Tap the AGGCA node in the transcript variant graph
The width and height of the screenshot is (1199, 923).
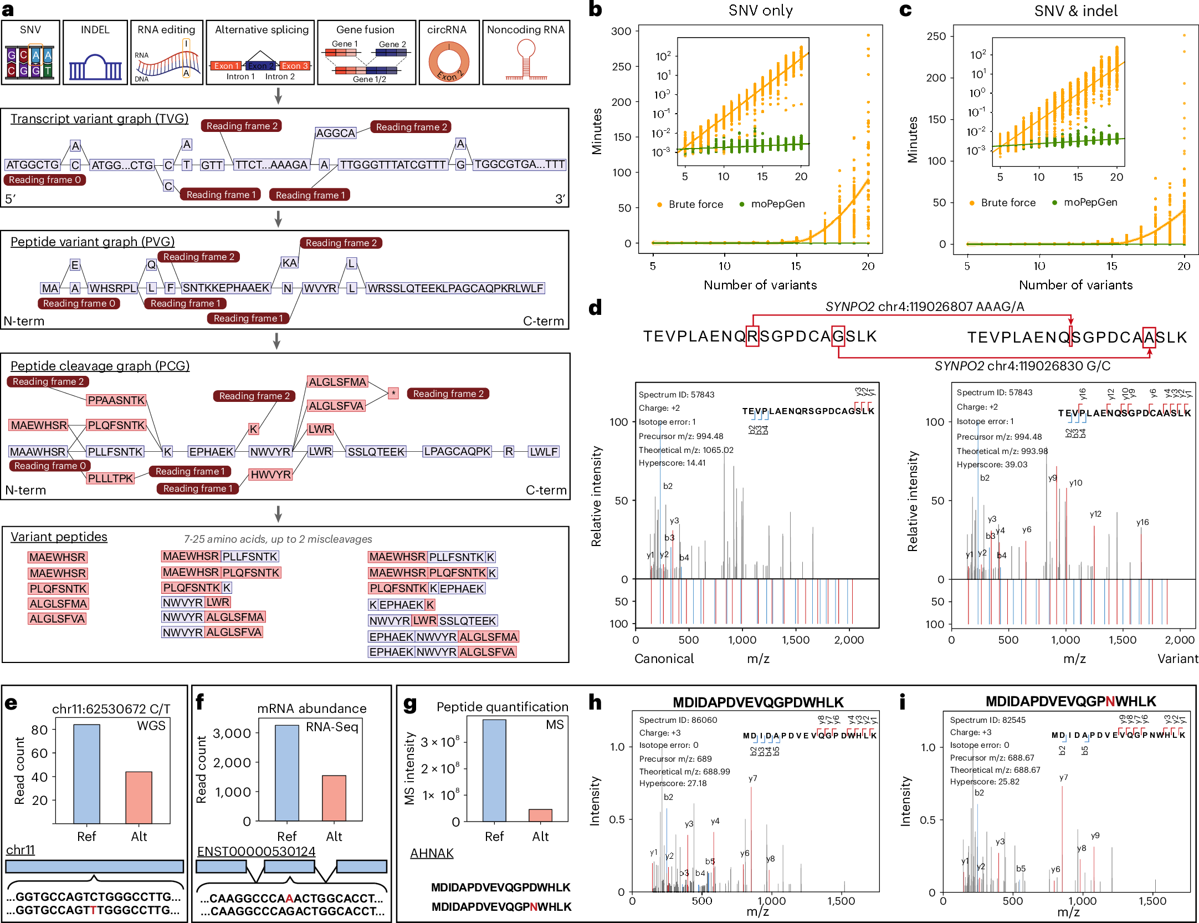335,133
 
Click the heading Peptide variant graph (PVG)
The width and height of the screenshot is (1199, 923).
93,242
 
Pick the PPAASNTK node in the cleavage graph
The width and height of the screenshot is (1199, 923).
116,400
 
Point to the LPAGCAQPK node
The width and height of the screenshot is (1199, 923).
457,451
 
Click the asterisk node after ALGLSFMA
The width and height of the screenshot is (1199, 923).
393,393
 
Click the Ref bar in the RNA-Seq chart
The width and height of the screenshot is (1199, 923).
287,773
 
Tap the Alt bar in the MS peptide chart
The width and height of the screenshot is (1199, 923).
540,815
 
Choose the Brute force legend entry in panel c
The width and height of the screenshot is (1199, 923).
1002,203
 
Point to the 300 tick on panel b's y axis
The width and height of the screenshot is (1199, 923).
621,32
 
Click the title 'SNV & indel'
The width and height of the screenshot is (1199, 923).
1075,11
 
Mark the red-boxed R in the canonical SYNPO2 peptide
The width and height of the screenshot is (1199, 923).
752,336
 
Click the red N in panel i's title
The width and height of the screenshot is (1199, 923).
1110,702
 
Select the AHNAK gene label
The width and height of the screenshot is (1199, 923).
432,853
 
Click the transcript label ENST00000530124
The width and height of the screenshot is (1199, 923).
256,851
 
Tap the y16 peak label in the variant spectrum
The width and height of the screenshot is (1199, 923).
1142,522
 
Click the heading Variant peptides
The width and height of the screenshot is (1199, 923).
59,537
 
